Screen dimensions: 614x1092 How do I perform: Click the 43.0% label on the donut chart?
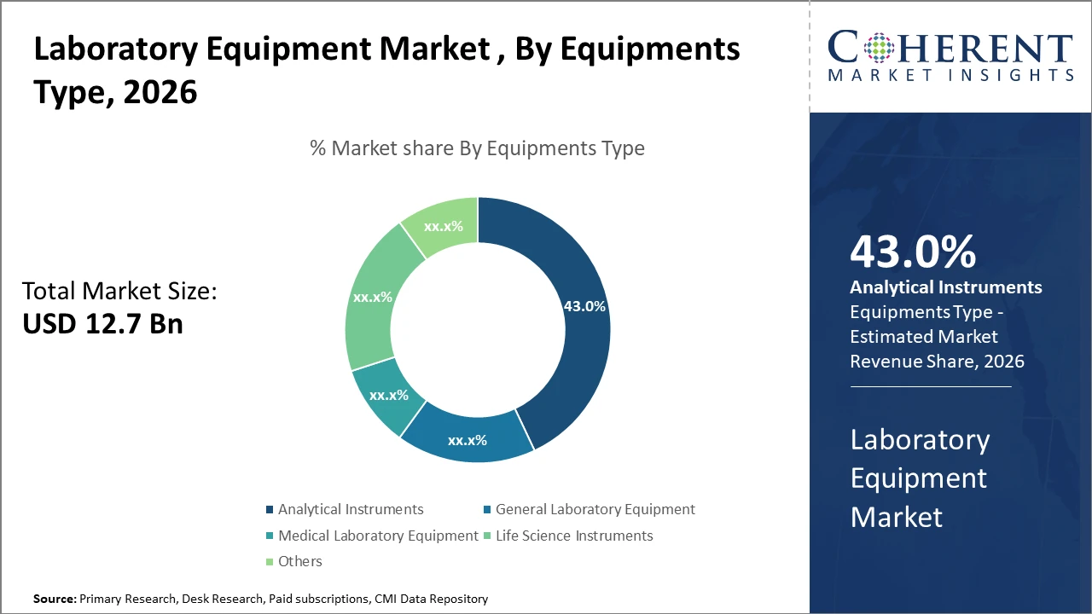tap(584, 306)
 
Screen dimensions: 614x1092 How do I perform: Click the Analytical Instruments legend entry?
tap(350, 509)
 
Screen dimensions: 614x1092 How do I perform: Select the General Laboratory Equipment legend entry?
tap(595, 509)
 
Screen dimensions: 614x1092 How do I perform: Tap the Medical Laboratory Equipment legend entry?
tap(378, 536)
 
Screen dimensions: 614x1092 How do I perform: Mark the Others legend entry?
tap(299, 561)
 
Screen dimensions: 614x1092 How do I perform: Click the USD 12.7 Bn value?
tap(102, 324)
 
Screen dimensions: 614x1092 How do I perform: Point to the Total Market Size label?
tap(119, 292)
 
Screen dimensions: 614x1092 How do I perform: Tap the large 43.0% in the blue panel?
tap(913, 252)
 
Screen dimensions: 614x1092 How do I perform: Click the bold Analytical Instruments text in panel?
tap(946, 287)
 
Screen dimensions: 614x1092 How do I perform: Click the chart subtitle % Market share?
tap(477, 148)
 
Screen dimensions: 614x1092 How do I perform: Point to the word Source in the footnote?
tap(54, 600)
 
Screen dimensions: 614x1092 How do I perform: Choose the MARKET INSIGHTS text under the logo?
tap(950, 76)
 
